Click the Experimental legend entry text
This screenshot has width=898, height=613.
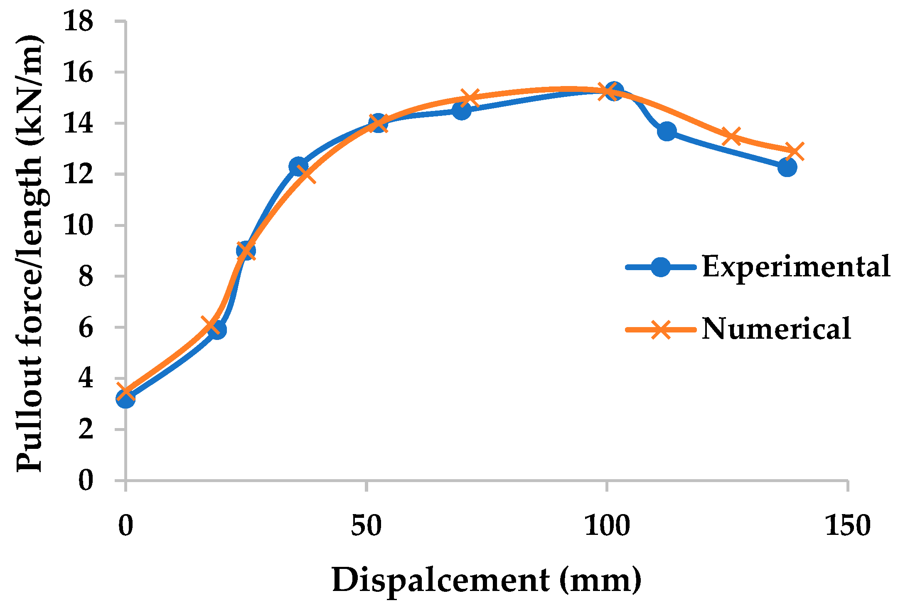click(x=796, y=266)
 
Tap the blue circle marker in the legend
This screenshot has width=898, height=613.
click(x=660, y=267)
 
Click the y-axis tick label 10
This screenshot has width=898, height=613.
click(x=78, y=225)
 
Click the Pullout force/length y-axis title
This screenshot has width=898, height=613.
click(x=30, y=254)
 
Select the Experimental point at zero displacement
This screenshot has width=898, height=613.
click(x=125, y=399)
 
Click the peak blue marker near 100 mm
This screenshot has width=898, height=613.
click(x=614, y=90)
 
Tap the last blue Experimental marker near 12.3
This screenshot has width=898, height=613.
click(x=787, y=167)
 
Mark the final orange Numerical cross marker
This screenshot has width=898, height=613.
click(x=794, y=151)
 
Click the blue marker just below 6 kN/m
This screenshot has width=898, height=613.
click(x=217, y=330)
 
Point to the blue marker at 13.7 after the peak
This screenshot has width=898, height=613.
click(x=667, y=131)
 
